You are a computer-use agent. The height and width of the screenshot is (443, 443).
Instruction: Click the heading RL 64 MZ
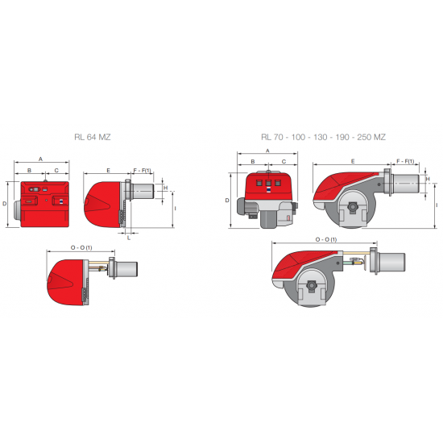coord(88,138)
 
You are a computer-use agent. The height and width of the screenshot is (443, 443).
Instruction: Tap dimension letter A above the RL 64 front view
coord(41,159)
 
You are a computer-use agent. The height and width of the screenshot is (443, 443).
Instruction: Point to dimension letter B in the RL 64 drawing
coord(30,171)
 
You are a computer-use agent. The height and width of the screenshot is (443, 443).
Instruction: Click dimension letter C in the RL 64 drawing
coord(56,171)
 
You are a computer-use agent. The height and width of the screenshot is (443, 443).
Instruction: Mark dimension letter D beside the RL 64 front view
coord(6,204)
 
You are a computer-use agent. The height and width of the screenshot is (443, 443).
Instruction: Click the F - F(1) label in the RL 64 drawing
coord(142,171)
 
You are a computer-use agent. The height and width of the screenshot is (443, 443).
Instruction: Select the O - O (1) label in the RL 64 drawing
coord(81,246)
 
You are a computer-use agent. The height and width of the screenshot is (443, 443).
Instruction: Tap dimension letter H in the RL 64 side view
coord(165,188)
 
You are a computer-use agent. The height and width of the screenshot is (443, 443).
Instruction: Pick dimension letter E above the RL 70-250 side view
coord(352,161)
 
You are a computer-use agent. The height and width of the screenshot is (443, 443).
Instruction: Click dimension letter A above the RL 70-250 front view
coord(267,151)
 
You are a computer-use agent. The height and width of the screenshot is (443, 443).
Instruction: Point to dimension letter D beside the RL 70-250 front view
coord(227,200)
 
